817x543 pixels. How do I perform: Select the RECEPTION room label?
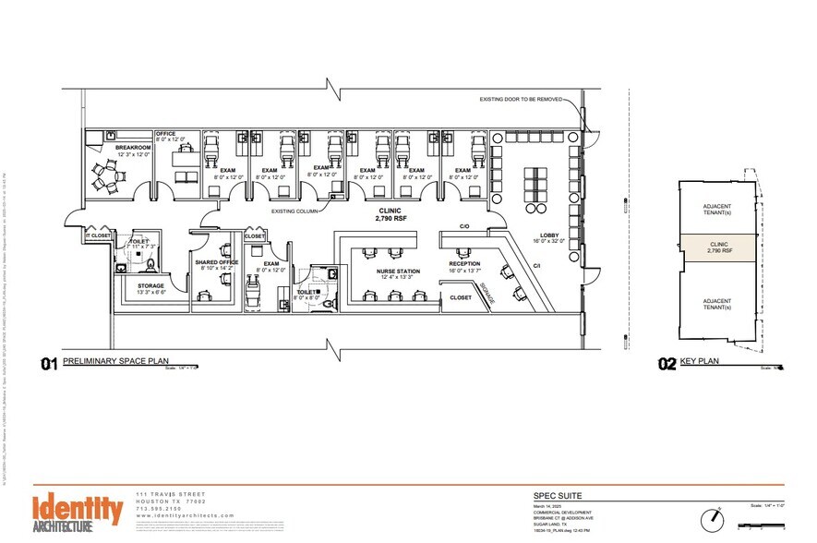465,262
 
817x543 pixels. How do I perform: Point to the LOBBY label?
551,235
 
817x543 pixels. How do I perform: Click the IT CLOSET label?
98,236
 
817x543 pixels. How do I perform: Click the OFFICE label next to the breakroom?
166,134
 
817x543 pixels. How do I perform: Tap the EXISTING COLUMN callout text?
295,211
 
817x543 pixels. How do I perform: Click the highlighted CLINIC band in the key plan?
718,247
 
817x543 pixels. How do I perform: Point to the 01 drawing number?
48,363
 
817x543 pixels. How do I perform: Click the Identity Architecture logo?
78,512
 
